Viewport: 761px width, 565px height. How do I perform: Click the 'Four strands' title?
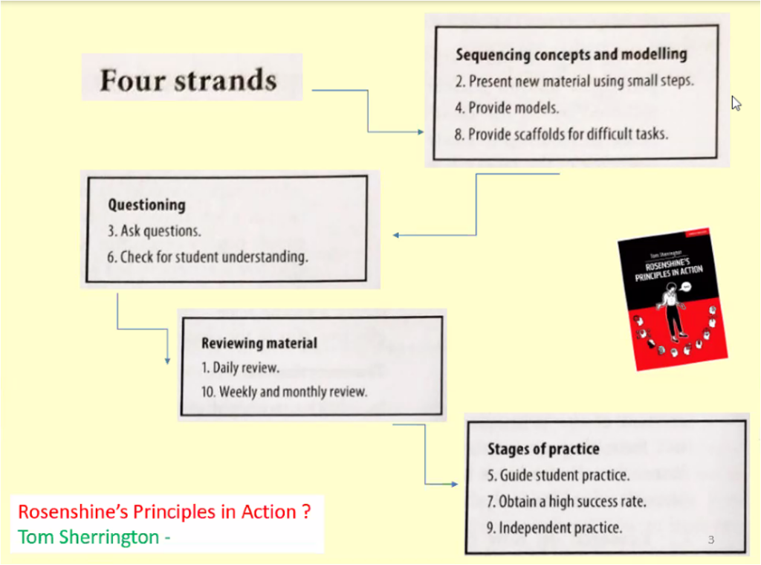188,80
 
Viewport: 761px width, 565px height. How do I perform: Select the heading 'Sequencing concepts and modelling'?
571,54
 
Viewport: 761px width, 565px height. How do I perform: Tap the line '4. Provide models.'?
507,108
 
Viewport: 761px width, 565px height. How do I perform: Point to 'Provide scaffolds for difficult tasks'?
568,134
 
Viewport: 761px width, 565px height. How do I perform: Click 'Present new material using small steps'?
581,81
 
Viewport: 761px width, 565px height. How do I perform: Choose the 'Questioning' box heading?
146,205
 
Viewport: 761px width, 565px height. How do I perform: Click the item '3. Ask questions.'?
154,231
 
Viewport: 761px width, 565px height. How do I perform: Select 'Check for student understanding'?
214,256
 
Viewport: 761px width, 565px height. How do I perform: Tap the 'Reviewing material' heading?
259,343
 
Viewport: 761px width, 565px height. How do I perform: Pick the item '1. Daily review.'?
240,368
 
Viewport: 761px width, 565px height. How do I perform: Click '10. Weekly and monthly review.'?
284,392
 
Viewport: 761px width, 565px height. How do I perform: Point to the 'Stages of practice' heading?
543,449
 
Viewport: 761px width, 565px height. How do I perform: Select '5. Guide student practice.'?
558,475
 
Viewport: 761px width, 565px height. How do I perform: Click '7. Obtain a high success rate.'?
566,501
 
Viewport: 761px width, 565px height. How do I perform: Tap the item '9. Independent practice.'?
554,528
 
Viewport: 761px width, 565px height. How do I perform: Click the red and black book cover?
673,299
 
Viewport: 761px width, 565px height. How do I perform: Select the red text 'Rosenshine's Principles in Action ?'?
164,512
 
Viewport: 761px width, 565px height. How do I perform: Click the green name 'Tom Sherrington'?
88,537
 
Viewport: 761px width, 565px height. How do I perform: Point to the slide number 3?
711,540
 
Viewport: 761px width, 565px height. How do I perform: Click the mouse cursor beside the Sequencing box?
736,103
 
